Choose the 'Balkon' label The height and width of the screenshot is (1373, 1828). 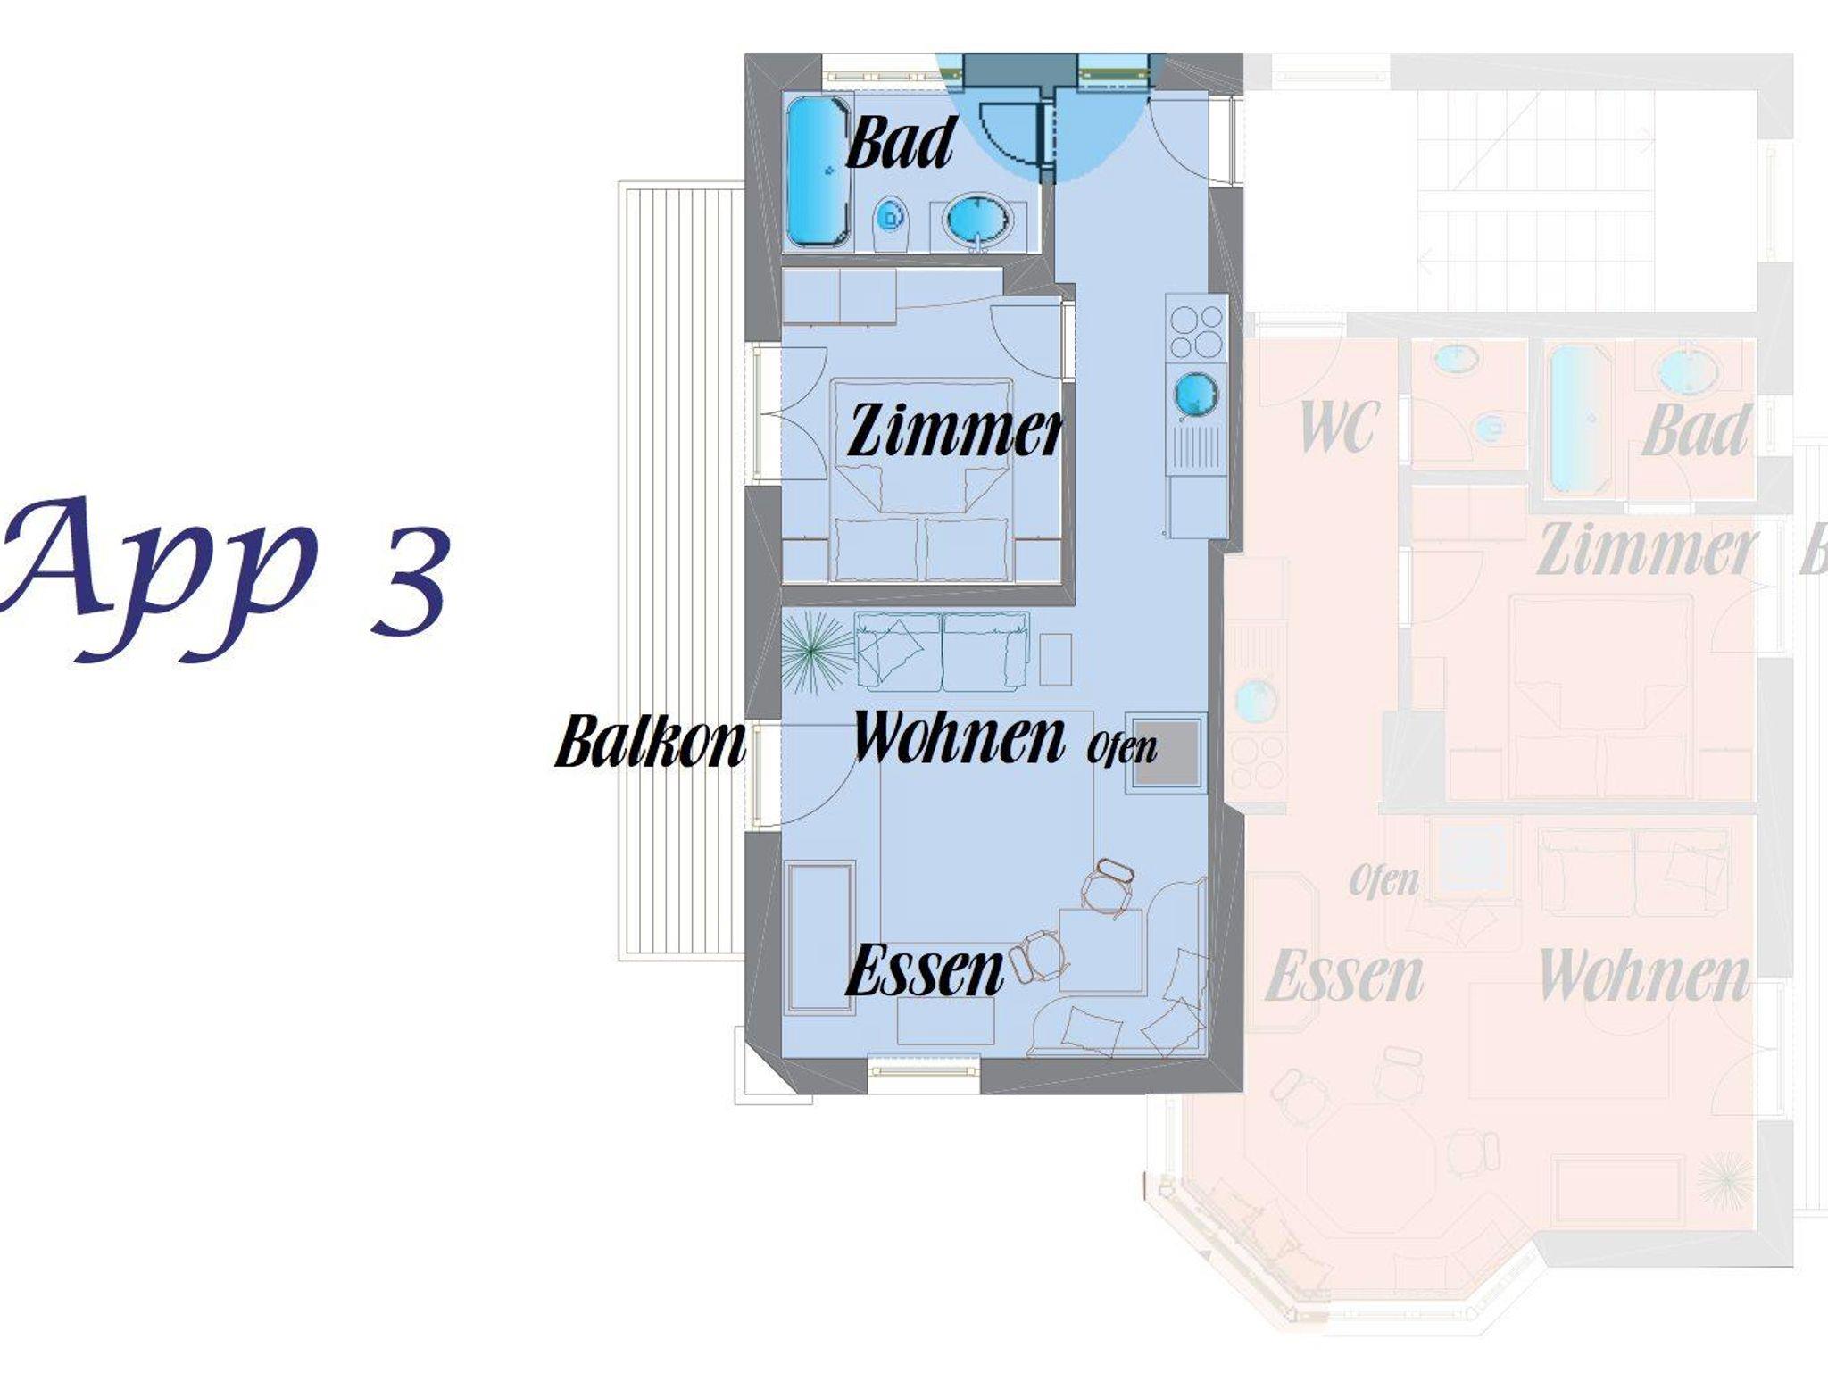click(x=651, y=740)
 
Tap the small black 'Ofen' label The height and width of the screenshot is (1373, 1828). click(x=1122, y=747)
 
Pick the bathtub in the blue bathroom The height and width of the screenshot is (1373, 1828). click(x=818, y=171)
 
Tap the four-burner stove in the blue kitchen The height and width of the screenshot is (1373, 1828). click(x=1197, y=331)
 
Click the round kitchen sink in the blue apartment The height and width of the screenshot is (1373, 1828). click(x=1196, y=395)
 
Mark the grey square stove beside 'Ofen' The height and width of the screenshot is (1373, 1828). click(x=1164, y=752)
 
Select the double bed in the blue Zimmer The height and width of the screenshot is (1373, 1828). click(x=923, y=480)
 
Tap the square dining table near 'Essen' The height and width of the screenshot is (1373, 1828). click(x=1101, y=952)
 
